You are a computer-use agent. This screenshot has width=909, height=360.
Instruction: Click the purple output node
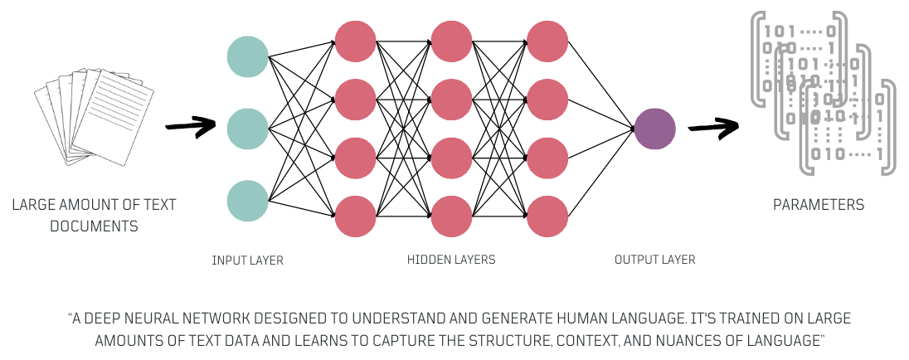coord(654,129)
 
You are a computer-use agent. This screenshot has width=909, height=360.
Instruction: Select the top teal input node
coord(248,57)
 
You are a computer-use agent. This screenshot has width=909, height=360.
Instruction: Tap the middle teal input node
coord(248,129)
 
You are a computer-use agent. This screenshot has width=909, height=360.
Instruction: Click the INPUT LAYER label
coord(248,260)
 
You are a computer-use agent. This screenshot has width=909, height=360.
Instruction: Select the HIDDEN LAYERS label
coord(451,260)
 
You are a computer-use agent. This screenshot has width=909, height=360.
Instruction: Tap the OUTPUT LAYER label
coord(654,260)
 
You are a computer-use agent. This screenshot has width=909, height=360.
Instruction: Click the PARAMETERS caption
coord(819,205)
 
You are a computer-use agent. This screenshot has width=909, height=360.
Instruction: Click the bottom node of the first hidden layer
coord(356,216)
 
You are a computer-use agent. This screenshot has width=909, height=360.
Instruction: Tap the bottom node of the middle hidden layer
coord(452,216)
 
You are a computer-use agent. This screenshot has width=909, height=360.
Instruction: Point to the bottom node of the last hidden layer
coord(547,216)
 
